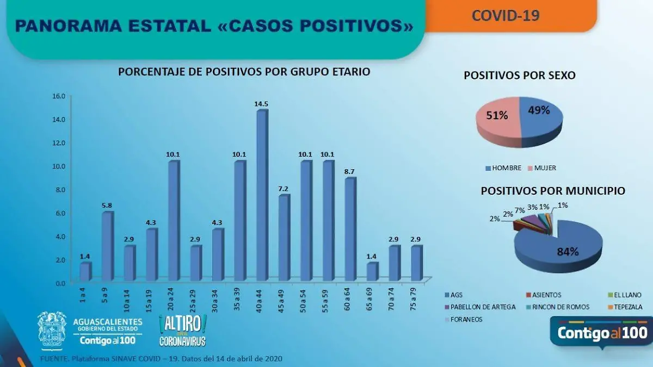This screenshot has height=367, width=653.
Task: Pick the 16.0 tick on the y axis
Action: tap(58, 96)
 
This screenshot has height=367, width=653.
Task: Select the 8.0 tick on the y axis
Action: tap(58, 190)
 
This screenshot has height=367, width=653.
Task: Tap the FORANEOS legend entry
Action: tap(468, 319)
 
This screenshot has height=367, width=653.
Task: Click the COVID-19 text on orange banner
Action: tap(506, 15)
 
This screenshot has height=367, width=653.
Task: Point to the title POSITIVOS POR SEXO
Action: tap(519, 76)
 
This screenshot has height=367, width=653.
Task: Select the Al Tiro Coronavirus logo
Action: tap(182, 331)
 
